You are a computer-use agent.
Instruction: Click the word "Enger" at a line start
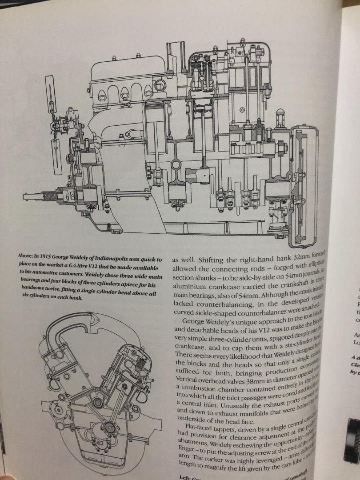coord(186,450)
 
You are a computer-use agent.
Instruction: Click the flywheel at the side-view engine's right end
coord(308,178)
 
